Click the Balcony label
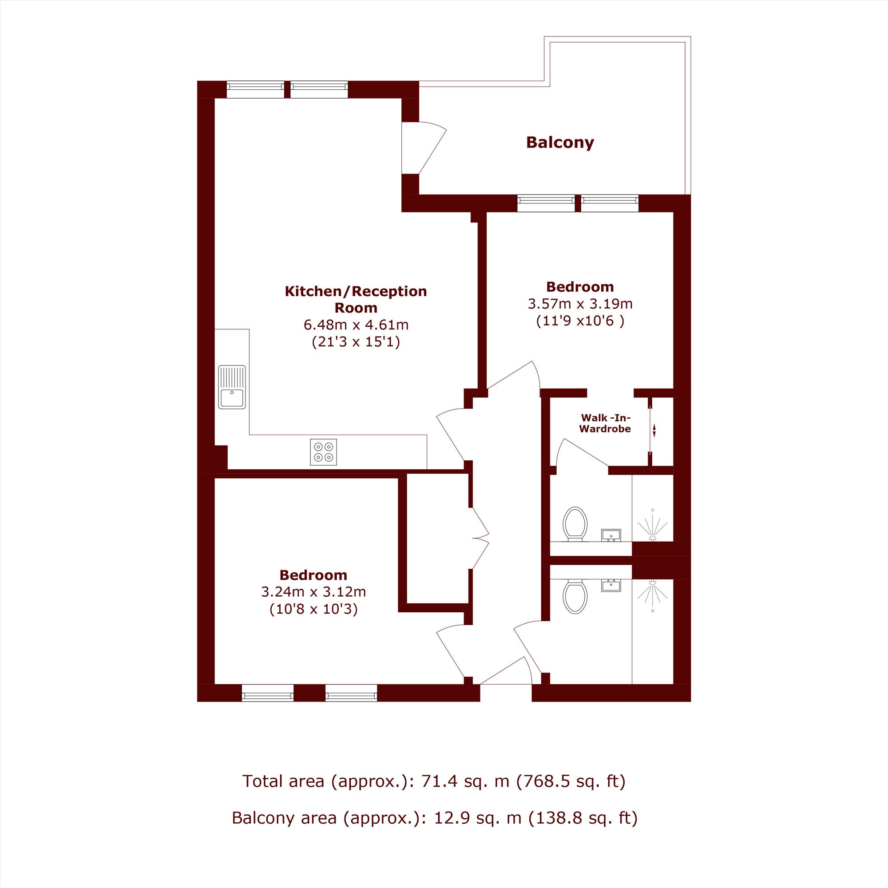pyautogui.click(x=560, y=143)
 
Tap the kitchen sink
pyautogui.click(x=232, y=387)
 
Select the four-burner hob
pyautogui.click(x=323, y=452)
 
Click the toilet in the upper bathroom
pyautogui.click(x=575, y=523)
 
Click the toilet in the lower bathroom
pyautogui.click(x=575, y=596)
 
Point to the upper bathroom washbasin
pyautogui.click(x=611, y=535)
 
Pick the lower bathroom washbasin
pyautogui.click(x=611, y=585)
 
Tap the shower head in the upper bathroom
pyautogui.click(x=652, y=525)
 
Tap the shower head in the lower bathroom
pyautogui.click(x=652, y=596)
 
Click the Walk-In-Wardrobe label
pyautogui.click(x=605, y=423)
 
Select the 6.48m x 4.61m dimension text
pyautogui.click(x=356, y=325)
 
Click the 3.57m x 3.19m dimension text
pyautogui.click(x=580, y=304)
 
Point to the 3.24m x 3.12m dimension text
pyautogui.click(x=313, y=591)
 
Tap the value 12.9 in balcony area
pyautogui.click(x=453, y=818)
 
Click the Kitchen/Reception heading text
pyautogui.click(x=356, y=299)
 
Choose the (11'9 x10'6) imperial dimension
pyautogui.click(x=580, y=321)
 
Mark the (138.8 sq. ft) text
pyautogui.click(x=583, y=818)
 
